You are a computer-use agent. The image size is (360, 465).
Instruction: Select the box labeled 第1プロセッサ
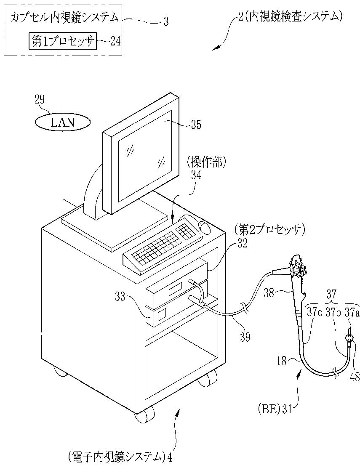pos(63,41)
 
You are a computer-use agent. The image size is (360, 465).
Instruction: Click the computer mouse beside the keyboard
pos(205,227)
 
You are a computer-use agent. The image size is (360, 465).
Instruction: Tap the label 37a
pos(352,312)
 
